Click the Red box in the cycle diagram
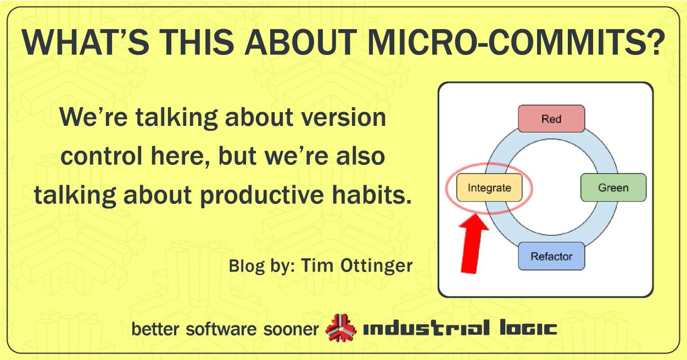pyautogui.click(x=551, y=119)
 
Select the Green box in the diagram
pyautogui.click(x=613, y=188)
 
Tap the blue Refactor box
pyautogui.click(x=551, y=256)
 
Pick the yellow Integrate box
pyautogui.click(x=489, y=188)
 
